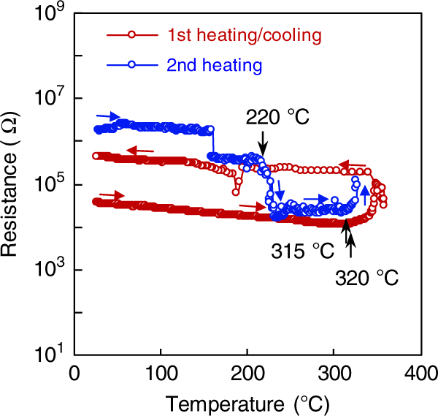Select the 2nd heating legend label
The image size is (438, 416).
tap(212, 64)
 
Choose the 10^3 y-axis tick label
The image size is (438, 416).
tap(45, 270)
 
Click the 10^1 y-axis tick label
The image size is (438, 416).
tap(45, 355)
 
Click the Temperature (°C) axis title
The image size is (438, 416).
tap(247, 401)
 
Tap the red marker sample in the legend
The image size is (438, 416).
tap(131, 34)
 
